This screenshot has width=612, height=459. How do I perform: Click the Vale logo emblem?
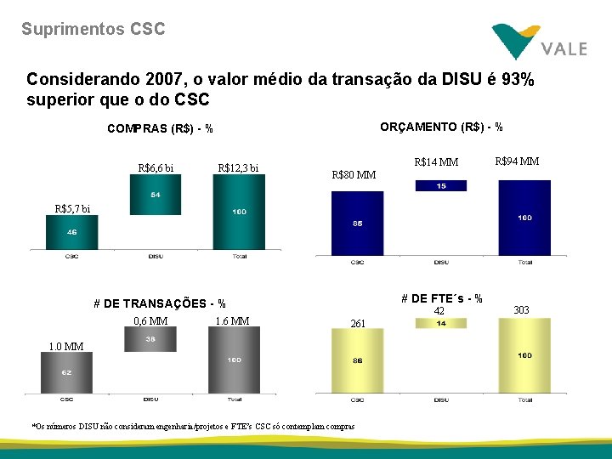tap(515, 40)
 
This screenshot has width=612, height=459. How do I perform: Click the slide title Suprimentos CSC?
tap(93, 29)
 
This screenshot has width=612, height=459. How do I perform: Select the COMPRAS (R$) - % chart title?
tap(160, 129)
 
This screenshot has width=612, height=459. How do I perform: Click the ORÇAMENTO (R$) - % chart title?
tap(441, 127)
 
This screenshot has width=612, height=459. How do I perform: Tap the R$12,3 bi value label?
tap(238, 167)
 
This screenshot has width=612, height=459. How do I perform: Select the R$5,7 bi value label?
tap(72, 208)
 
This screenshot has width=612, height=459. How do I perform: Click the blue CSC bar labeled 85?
tap(358, 223)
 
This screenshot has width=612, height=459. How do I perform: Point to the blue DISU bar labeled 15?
tap(441, 185)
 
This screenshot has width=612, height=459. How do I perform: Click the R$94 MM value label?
tap(517, 161)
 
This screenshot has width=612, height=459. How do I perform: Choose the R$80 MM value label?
tap(353, 176)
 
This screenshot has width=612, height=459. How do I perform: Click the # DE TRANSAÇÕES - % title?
tap(160, 303)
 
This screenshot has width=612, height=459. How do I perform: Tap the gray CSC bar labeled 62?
tap(66, 371)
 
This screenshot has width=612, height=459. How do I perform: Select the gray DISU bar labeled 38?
tap(150, 340)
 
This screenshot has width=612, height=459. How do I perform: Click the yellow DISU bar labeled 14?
tap(441, 323)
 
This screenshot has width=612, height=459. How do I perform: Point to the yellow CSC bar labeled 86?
tap(358, 360)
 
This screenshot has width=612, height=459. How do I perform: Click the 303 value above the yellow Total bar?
tap(521, 310)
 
